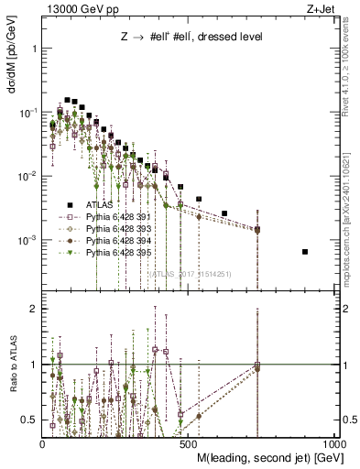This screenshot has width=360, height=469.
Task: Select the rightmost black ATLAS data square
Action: pyautogui.click(x=305, y=252)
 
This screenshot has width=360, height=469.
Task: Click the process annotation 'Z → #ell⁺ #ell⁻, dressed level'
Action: pyautogui.click(x=191, y=38)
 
